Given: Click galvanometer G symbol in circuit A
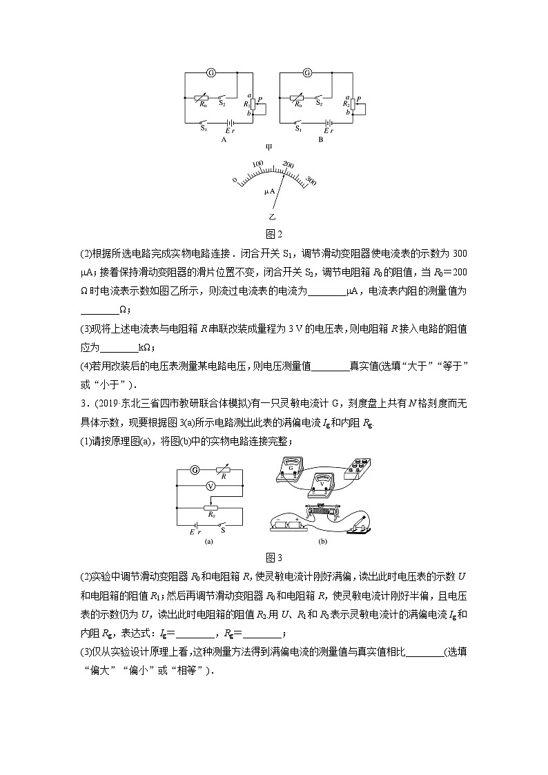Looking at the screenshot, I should tap(211, 72).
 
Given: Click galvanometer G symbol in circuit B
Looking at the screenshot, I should tap(307, 72).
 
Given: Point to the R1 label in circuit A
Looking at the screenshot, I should tap(246, 104).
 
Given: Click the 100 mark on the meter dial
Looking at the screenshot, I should tap(258, 164).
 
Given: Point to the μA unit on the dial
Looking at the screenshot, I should tap(270, 190).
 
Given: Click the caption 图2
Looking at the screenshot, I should tap(274, 233).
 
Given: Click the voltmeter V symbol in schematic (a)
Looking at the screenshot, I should tap(211, 486).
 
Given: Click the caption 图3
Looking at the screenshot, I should tap(274, 558).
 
